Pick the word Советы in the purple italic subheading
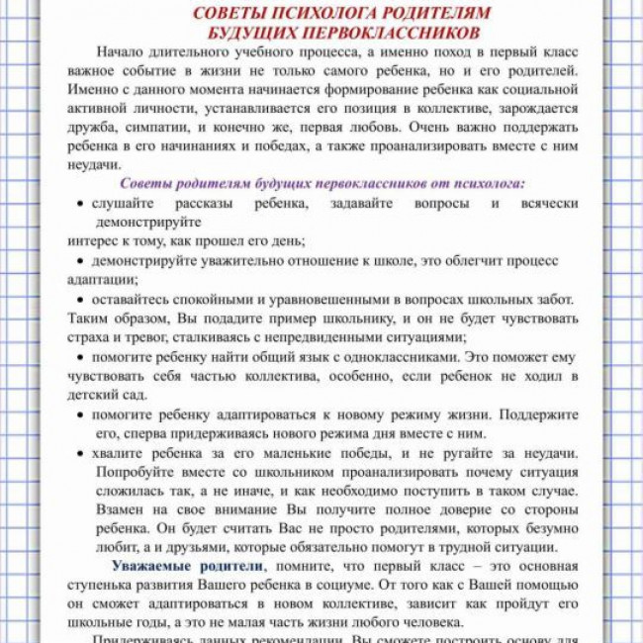146,183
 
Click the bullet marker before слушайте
80,203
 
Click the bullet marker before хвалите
80,452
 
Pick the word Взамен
119,508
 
